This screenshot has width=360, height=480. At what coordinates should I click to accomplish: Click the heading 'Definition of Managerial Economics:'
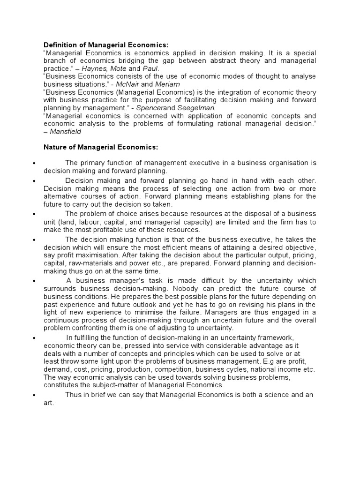106,45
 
